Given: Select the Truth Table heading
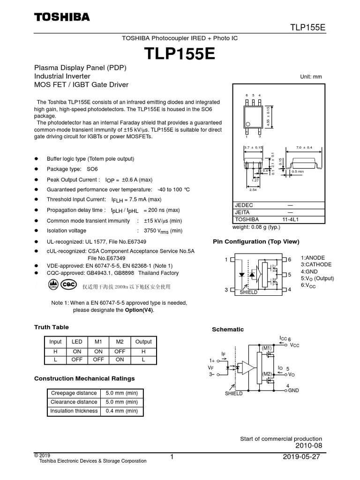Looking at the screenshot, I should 52,327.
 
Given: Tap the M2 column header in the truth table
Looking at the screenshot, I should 120,342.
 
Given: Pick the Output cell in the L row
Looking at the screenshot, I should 143,360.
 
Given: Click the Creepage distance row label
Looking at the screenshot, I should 73,393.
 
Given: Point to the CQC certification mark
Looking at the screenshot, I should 69,285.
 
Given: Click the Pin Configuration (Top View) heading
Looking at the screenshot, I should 255,242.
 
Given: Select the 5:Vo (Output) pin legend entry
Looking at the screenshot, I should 317,278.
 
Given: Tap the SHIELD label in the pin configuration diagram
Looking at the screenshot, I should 249,292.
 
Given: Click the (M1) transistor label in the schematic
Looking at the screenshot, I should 267,348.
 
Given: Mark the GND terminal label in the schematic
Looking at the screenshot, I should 293,390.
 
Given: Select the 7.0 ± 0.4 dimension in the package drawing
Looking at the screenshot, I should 304,148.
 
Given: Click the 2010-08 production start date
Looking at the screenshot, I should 308,445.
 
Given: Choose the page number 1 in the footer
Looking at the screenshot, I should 172,457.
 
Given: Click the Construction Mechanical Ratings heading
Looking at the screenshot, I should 85,378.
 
